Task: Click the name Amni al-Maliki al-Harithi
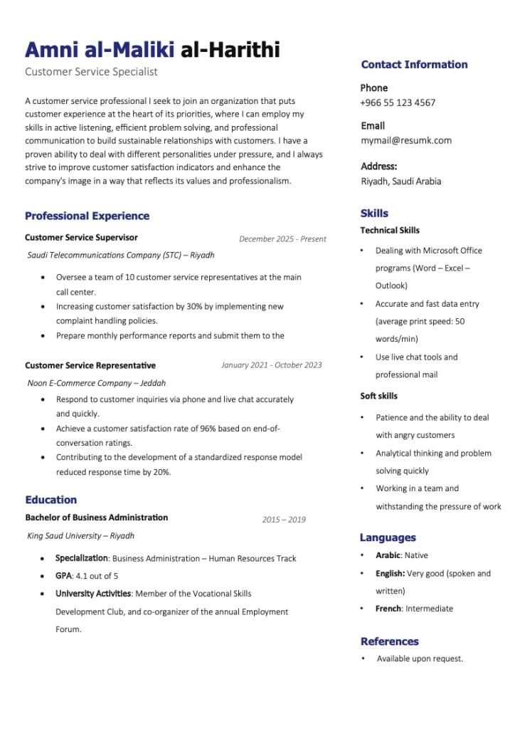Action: click(152, 49)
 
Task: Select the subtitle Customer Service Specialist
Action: click(91, 72)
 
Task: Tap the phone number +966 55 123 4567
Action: click(398, 103)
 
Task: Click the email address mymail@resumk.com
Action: click(406, 140)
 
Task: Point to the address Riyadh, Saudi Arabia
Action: click(401, 181)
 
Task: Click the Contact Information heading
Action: click(414, 65)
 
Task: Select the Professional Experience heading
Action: click(87, 216)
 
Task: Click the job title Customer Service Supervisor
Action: click(81, 238)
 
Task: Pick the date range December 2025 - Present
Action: click(282, 239)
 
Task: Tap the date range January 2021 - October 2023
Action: click(271, 365)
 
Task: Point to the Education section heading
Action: click(51, 500)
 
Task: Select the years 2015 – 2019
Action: click(283, 520)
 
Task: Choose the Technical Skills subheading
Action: click(390, 231)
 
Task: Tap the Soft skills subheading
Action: click(379, 396)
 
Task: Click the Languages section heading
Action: click(388, 537)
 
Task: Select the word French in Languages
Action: click(389, 609)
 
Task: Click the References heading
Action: click(389, 641)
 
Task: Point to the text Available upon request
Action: click(420, 659)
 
